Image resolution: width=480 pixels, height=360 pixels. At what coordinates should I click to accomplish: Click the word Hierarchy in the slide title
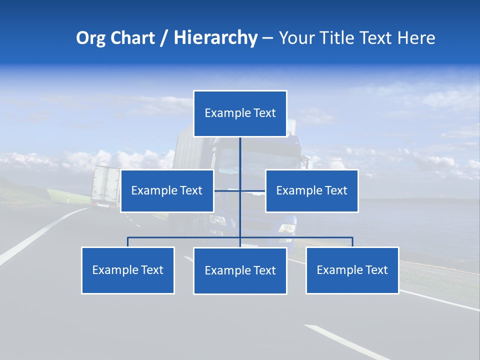point(215,38)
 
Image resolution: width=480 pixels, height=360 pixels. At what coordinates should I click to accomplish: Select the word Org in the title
point(91,38)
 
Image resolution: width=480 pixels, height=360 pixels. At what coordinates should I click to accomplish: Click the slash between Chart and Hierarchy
point(164,38)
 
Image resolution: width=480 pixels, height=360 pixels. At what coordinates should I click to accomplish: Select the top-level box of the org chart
point(240,113)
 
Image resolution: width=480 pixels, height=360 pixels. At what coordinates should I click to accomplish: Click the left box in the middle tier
point(167,190)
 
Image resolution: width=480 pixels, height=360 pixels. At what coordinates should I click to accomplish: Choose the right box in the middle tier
point(311,190)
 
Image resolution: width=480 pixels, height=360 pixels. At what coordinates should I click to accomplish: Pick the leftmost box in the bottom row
point(127,270)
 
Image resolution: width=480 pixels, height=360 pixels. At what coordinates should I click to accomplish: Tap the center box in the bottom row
point(240,270)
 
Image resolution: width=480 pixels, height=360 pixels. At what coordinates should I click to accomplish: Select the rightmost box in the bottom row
point(352,270)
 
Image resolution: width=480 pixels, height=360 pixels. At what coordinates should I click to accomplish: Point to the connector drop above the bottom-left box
point(127,242)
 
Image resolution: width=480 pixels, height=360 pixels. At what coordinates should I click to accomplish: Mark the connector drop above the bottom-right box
point(352,242)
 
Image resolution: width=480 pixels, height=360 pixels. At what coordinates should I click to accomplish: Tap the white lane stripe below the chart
point(345,342)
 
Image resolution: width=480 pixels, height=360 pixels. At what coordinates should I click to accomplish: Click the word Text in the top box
point(264,113)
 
